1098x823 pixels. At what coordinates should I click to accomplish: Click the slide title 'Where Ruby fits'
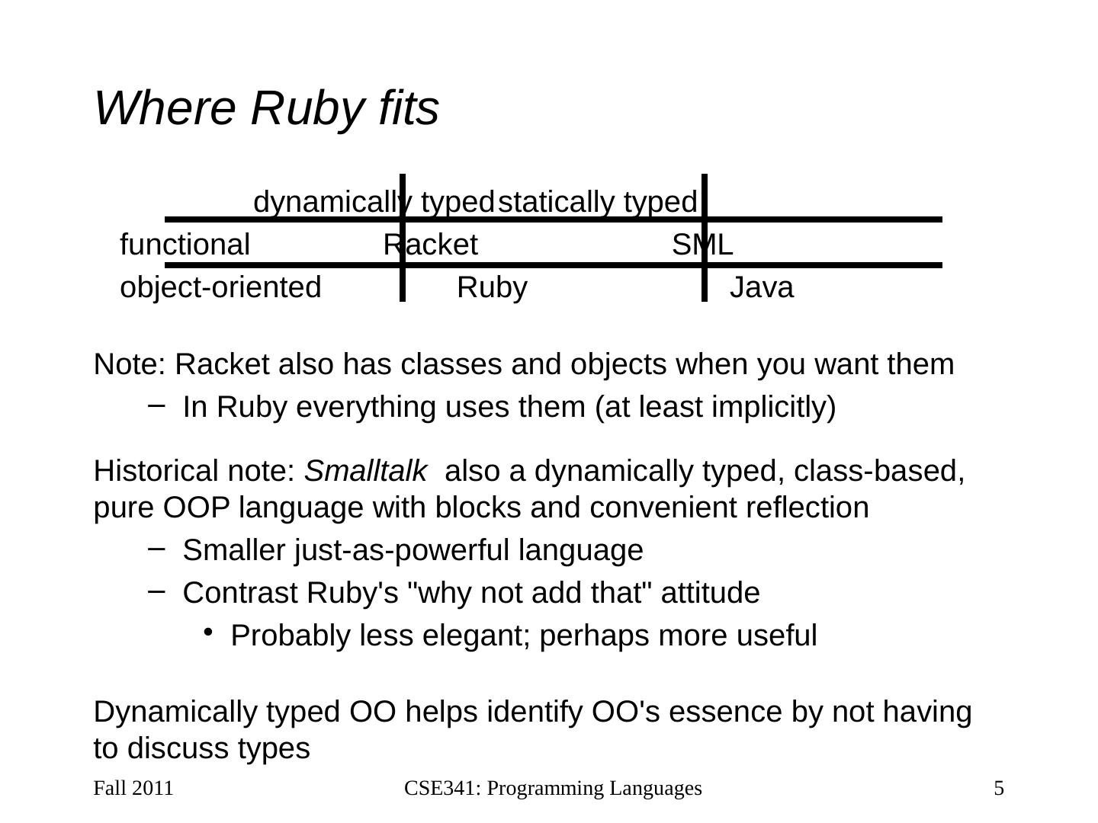click(x=266, y=108)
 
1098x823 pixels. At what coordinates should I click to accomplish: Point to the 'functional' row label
click(x=185, y=245)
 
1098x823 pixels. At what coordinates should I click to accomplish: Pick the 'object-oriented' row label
click(x=221, y=288)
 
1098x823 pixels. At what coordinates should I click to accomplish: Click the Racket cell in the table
click(x=430, y=245)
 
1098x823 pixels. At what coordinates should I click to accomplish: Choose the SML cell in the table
click(x=702, y=245)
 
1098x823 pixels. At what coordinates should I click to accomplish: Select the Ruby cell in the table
click(x=492, y=288)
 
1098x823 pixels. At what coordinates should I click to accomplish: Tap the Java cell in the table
click(x=762, y=288)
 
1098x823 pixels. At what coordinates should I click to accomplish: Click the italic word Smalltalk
click(x=365, y=472)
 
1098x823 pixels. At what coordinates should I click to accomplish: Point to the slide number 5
click(x=999, y=788)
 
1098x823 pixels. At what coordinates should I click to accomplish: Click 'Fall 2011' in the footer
click(x=133, y=788)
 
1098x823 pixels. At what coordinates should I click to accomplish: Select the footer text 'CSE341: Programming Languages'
click(x=553, y=788)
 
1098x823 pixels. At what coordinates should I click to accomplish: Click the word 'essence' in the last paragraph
click(x=719, y=713)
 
